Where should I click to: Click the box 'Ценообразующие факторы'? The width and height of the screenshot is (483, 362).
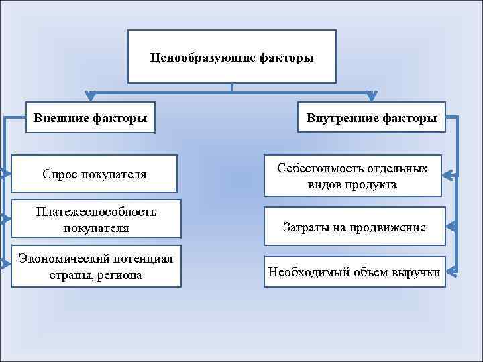pyautogui.click(x=231, y=57)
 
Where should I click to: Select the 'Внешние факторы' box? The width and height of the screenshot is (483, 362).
pyautogui.click(x=90, y=118)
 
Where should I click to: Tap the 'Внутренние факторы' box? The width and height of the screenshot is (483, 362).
pyautogui.click(x=371, y=118)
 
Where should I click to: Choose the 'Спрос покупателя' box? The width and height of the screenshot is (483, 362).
pyautogui.click(x=94, y=174)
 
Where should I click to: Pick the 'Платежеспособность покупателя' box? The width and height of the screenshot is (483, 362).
pyautogui.click(x=97, y=219)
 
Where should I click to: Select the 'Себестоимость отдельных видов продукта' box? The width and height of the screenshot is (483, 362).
pyautogui.click(x=352, y=176)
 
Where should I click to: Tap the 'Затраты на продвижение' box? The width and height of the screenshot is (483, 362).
pyautogui.click(x=354, y=227)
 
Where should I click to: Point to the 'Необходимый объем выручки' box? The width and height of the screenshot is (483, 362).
pyautogui.click(x=354, y=272)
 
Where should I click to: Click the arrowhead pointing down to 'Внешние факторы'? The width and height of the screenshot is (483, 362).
pyautogui.click(x=90, y=96)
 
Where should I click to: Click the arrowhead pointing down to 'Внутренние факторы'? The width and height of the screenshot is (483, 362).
pyautogui.click(x=371, y=96)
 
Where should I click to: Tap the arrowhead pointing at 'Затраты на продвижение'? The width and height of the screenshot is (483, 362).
pyautogui.click(x=451, y=227)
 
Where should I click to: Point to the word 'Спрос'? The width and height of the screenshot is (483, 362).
pyautogui.click(x=60, y=174)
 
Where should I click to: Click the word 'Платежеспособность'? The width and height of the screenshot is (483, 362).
pyautogui.click(x=97, y=212)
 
